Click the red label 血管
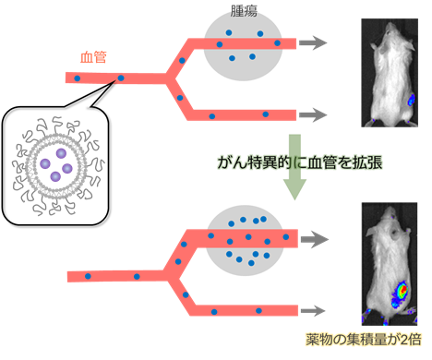pyautogui.click(x=93, y=57)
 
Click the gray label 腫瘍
pyautogui.click(x=244, y=11)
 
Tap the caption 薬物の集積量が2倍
pyautogui.click(x=364, y=340)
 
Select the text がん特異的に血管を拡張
pyautogui.click(x=300, y=162)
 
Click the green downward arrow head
pyautogui.click(x=294, y=189)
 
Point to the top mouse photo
pyautogui.click(x=390, y=73)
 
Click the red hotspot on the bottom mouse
pyautogui.click(x=402, y=290)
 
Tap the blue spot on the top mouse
pyautogui.click(x=411, y=100)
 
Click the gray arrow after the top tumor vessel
pyautogui.click(x=313, y=42)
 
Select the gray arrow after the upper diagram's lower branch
pyautogui.click(x=313, y=114)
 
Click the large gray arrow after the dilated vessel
pyautogui.click(x=315, y=239)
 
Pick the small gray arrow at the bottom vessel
pyautogui.click(x=313, y=311)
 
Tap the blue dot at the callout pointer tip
pyautogui.click(x=121, y=78)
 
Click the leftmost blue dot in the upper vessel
pyautogui.click(x=77, y=78)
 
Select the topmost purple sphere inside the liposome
pyautogui.click(x=61, y=153)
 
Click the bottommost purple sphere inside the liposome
pyautogui.click(x=55, y=176)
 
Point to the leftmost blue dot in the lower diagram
pyautogui.click(x=88, y=276)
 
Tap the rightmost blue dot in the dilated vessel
pyautogui.click(x=286, y=237)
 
